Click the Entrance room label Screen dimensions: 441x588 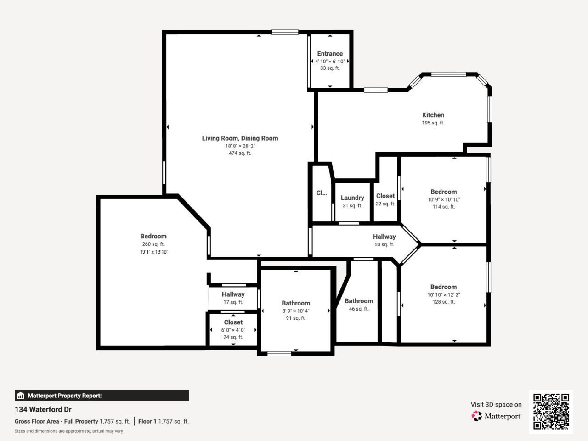[330, 54]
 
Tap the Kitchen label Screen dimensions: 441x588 [433, 115]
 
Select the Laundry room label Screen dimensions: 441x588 [352, 198]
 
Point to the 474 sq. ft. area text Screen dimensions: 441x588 [240, 153]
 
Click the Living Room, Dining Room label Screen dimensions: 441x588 [240, 138]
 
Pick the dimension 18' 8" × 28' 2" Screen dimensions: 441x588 [240, 146]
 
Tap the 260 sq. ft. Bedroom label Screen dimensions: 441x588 [153, 236]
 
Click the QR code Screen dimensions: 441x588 [551, 411]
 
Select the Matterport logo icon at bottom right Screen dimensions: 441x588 [477, 416]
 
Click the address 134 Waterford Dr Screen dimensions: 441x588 [43, 409]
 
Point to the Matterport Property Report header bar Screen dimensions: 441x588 [102, 396]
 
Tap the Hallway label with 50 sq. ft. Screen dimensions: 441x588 [384, 237]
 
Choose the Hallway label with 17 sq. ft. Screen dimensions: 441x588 [233, 294]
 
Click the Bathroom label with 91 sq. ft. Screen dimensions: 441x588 [296, 303]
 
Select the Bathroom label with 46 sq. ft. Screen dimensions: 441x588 [359, 301]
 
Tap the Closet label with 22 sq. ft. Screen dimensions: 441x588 [385, 196]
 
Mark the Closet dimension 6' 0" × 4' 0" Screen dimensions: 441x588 [233, 330]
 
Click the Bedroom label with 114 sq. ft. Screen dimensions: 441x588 [443, 192]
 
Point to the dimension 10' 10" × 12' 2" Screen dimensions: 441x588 [443, 294]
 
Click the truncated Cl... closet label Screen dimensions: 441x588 [322, 193]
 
